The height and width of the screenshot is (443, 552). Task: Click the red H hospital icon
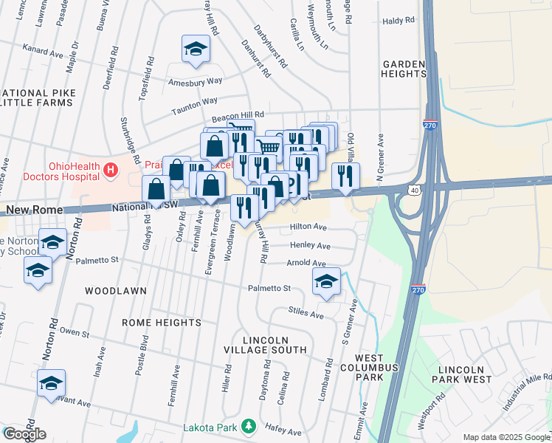point(111,171)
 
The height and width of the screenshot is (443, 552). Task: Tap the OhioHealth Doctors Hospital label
point(73,171)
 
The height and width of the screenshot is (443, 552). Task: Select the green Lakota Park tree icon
point(249,427)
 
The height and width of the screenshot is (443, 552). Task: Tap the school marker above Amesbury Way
point(196,49)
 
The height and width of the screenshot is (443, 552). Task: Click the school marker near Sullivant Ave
point(51,383)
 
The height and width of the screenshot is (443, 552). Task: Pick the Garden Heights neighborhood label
point(404,69)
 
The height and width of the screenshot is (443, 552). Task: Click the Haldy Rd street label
point(399,21)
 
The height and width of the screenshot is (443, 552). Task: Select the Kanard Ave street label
point(43,52)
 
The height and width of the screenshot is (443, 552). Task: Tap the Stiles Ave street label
point(307,315)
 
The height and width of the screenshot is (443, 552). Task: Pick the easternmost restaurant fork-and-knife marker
point(345,175)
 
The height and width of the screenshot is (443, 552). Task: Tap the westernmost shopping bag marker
point(157,189)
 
